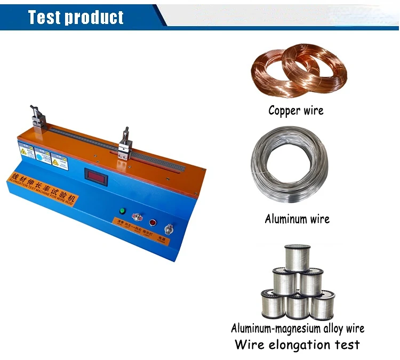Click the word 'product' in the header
click(94, 17)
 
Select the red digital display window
click(99, 177)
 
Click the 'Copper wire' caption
click(295, 111)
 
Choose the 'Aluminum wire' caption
click(297, 219)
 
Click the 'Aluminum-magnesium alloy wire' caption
click(298, 328)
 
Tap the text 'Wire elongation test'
click(297, 344)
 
